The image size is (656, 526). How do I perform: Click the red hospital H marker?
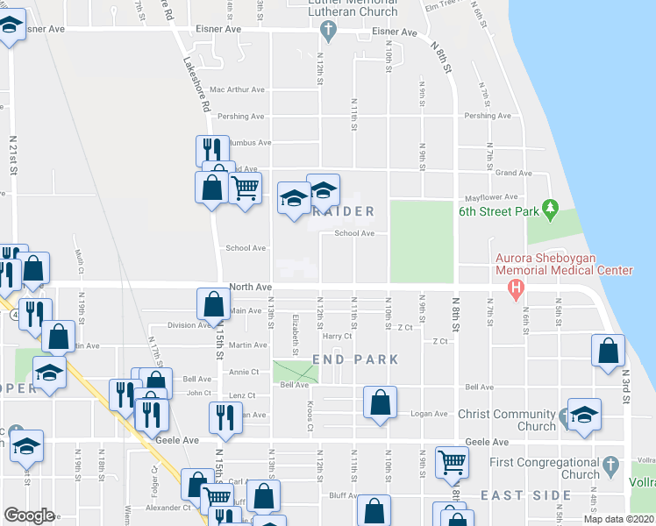[517, 287]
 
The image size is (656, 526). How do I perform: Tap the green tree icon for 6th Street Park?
[550, 210]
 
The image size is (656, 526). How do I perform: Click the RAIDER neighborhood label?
[345, 211]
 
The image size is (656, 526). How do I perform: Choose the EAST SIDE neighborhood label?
[526, 495]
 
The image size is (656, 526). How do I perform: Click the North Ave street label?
[251, 287]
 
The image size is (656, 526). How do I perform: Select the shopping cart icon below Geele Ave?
[451, 460]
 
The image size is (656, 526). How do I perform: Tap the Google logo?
[30, 515]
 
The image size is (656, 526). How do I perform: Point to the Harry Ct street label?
[337, 336]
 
